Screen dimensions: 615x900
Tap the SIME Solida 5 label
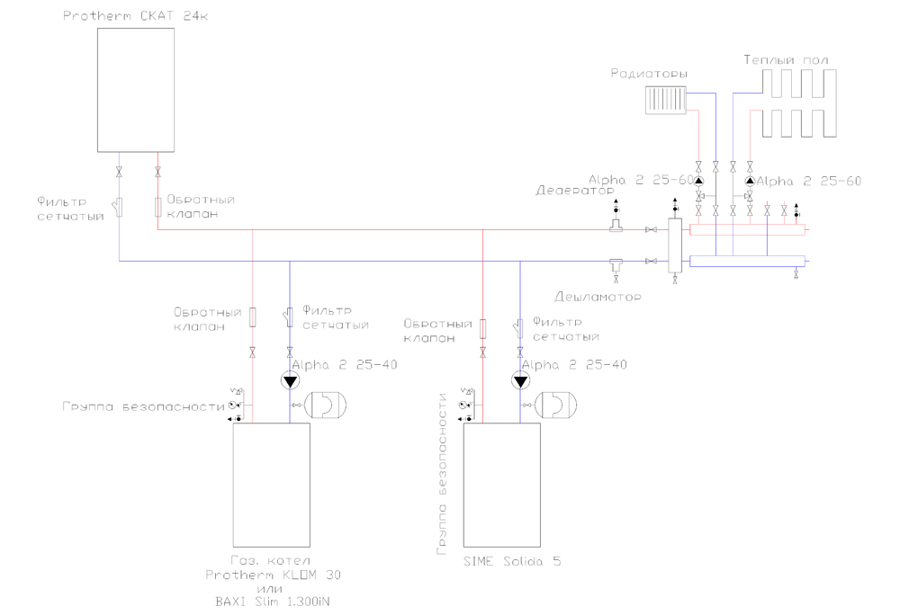512,561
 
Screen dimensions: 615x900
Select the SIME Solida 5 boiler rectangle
501,485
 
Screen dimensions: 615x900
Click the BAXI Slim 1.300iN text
274,602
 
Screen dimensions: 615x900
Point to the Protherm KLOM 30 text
274,575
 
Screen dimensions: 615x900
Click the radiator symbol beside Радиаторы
666,101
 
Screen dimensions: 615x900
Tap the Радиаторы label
648,73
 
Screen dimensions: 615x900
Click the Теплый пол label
786,60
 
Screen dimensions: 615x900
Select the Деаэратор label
574,191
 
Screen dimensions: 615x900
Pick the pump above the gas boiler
290,381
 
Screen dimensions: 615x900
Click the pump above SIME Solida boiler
520,381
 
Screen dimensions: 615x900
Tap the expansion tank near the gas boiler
323,406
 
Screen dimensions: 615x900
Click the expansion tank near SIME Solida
553,406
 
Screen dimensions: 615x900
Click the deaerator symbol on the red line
616,225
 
